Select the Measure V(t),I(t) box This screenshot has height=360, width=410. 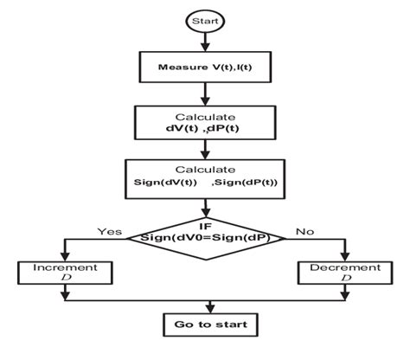click(x=205, y=66)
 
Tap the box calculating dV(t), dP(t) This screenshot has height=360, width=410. click(x=205, y=122)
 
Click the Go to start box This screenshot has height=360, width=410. click(x=205, y=325)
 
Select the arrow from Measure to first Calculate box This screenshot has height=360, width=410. click(x=205, y=93)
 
